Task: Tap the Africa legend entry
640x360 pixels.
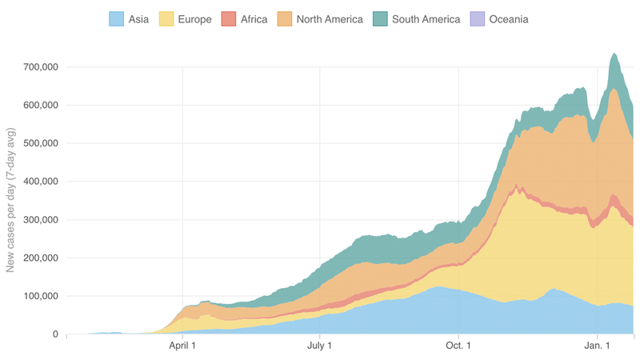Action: [x=254, y=18]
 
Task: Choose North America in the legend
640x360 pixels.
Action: [x=330, y=18]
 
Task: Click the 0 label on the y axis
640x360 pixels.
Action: [x=54, y=334]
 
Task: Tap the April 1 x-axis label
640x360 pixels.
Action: [x=183, y=346]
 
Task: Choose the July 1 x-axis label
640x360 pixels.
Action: [x=320, y=346]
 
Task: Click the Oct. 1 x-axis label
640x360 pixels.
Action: [x=458, y=346]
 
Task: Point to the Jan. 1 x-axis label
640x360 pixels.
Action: [x=597, y=346]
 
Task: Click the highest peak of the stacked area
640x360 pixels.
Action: [x=614, y=54]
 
